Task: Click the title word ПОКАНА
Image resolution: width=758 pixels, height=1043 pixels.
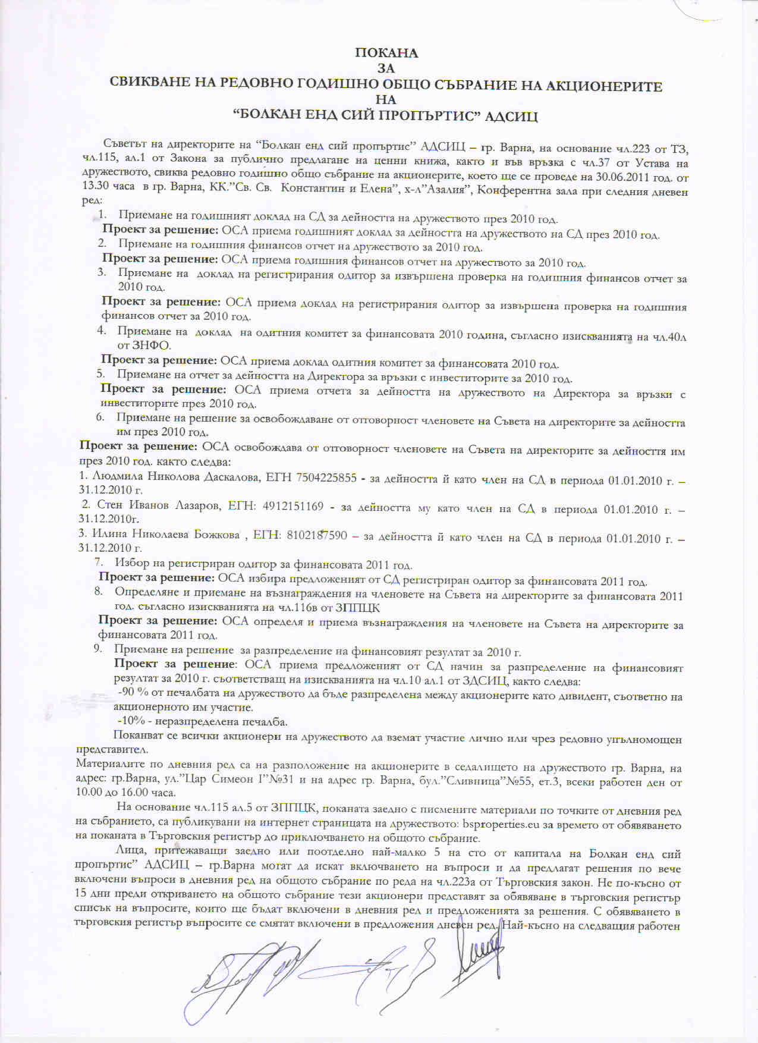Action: tap(386, 53)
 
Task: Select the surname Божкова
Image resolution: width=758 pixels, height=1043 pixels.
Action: tap(215, 536)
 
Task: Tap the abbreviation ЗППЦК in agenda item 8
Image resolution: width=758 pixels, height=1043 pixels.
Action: tap(357, 608)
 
